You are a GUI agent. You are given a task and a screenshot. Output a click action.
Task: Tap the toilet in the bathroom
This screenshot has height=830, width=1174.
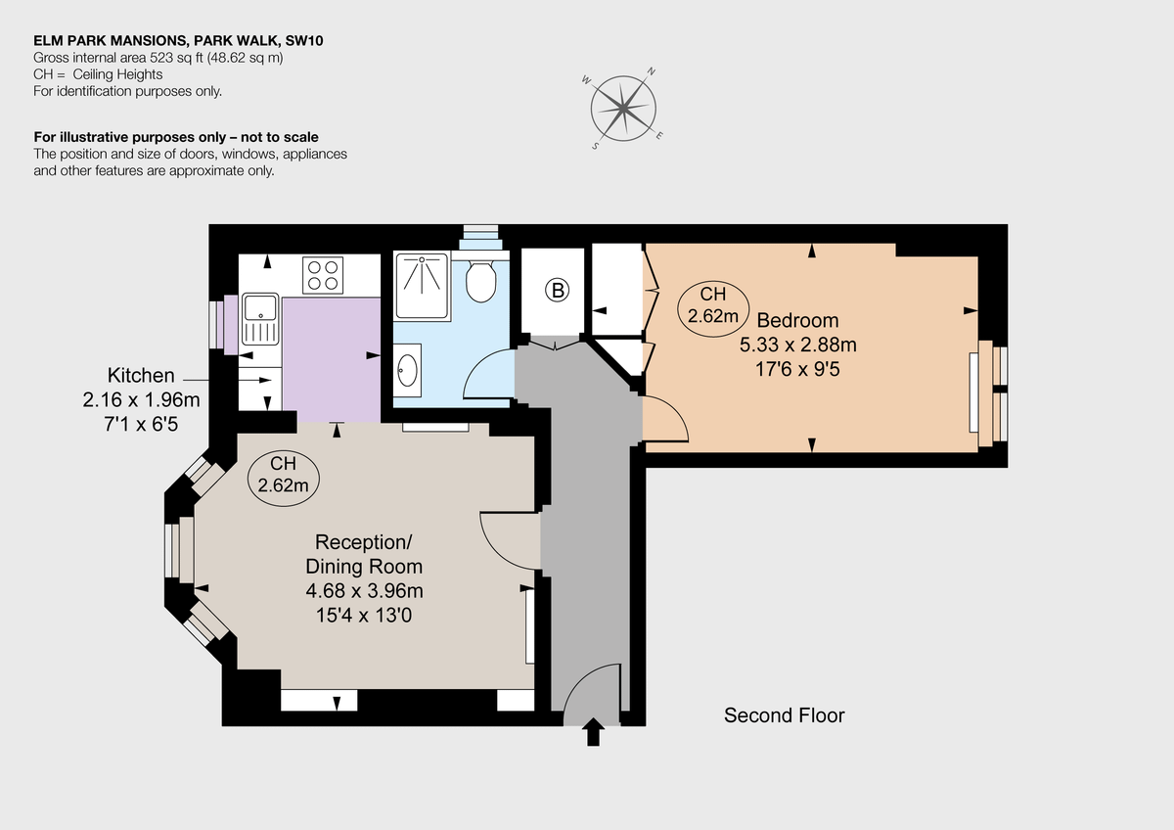(480, 281)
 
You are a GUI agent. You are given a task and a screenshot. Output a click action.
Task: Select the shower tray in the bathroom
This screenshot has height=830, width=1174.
(421, 286)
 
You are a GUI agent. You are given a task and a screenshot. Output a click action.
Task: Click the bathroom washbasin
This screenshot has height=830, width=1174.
(408, 372)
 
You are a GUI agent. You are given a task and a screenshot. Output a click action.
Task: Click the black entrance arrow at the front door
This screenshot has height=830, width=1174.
(593, 733)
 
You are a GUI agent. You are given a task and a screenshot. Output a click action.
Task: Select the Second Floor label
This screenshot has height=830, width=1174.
(784, 715)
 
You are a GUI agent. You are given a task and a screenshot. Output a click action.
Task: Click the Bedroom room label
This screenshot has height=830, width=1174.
(797, 320)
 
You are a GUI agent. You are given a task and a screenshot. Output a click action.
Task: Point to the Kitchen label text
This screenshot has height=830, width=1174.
(141, 375)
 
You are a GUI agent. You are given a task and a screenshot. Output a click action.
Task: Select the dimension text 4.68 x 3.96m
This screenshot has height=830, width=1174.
(364, 590)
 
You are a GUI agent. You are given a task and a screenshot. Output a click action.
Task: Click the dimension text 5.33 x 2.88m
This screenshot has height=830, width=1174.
(797, 345)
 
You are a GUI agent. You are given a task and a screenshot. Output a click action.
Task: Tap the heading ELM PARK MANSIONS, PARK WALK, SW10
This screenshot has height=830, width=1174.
(177, 42)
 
